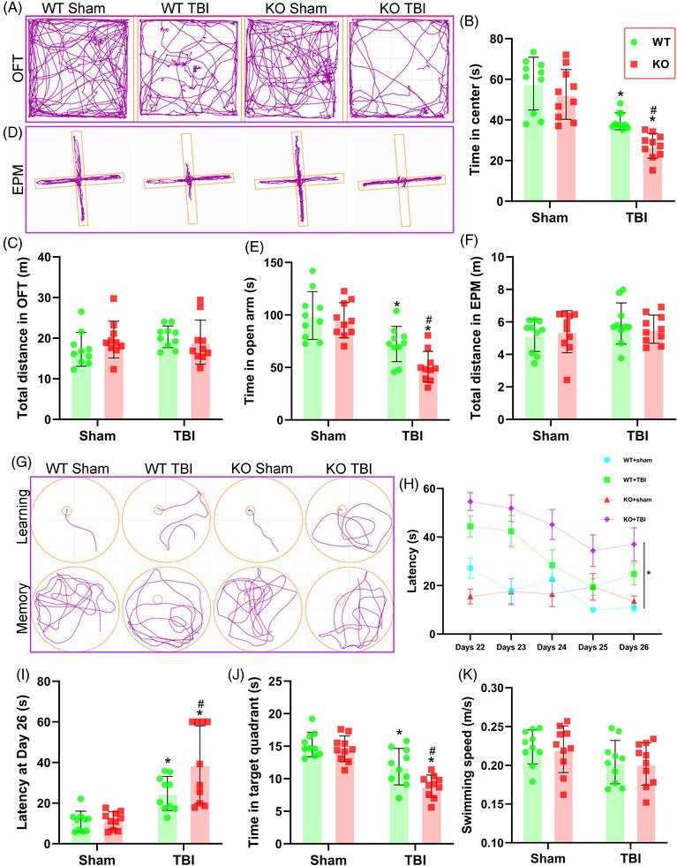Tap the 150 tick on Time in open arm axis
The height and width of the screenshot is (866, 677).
[x=267, y=263]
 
